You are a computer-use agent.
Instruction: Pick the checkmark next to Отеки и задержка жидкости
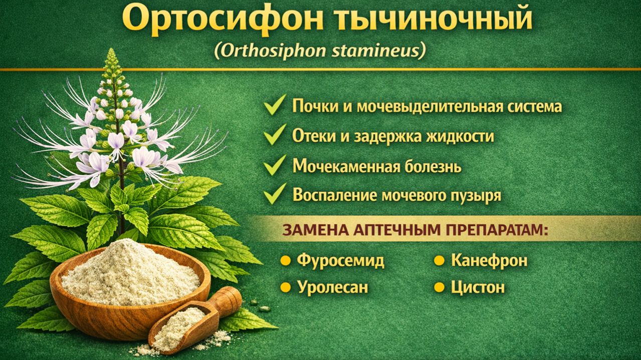click(275, 135)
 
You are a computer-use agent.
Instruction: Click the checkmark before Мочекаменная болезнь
click(275, 165)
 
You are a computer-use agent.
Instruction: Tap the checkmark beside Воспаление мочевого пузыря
click(275, 194)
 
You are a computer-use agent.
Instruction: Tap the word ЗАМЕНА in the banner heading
click(310, 230)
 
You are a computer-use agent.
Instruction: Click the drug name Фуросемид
click(340, 260)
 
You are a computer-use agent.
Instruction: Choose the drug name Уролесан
click(332, 287)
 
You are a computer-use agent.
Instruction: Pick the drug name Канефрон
click(489, 260)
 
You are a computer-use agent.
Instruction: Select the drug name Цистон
click(477, 287)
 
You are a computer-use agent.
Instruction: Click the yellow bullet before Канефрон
click(439, 261)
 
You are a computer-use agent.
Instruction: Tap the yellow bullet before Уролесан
click(286, 287)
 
